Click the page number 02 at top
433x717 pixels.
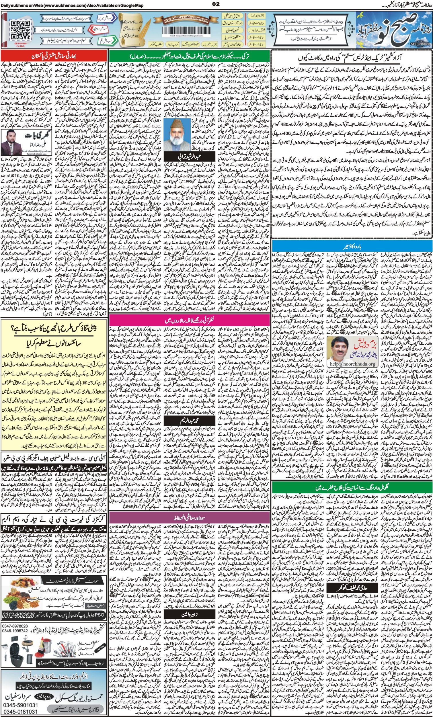point(216,4)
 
